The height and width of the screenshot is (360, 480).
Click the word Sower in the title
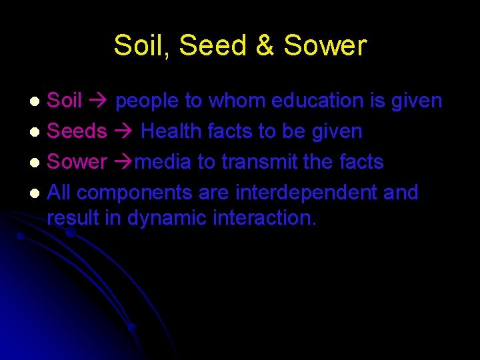(325, 46)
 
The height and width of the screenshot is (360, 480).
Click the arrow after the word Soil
(99, 101)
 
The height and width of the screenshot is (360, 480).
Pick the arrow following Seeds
(123, 132)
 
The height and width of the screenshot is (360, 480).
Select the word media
(165, 162)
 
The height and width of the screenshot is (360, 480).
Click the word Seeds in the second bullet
(77, 131)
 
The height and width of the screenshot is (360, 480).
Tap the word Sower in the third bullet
(77, 162)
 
